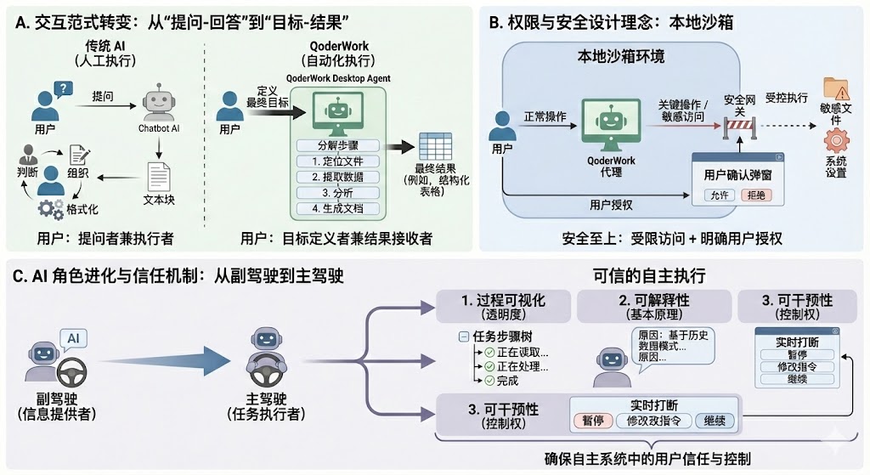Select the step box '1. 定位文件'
[x=339, y=161]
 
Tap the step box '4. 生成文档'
[x=339, y=207]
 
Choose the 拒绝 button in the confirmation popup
[x=754, y=195]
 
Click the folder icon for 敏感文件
[x=836, y=88]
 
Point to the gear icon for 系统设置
[x=836, y=139]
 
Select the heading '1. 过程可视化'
[x=502, y=301]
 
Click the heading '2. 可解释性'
[x=653, y=301]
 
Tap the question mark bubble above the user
[x=63, y=87]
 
